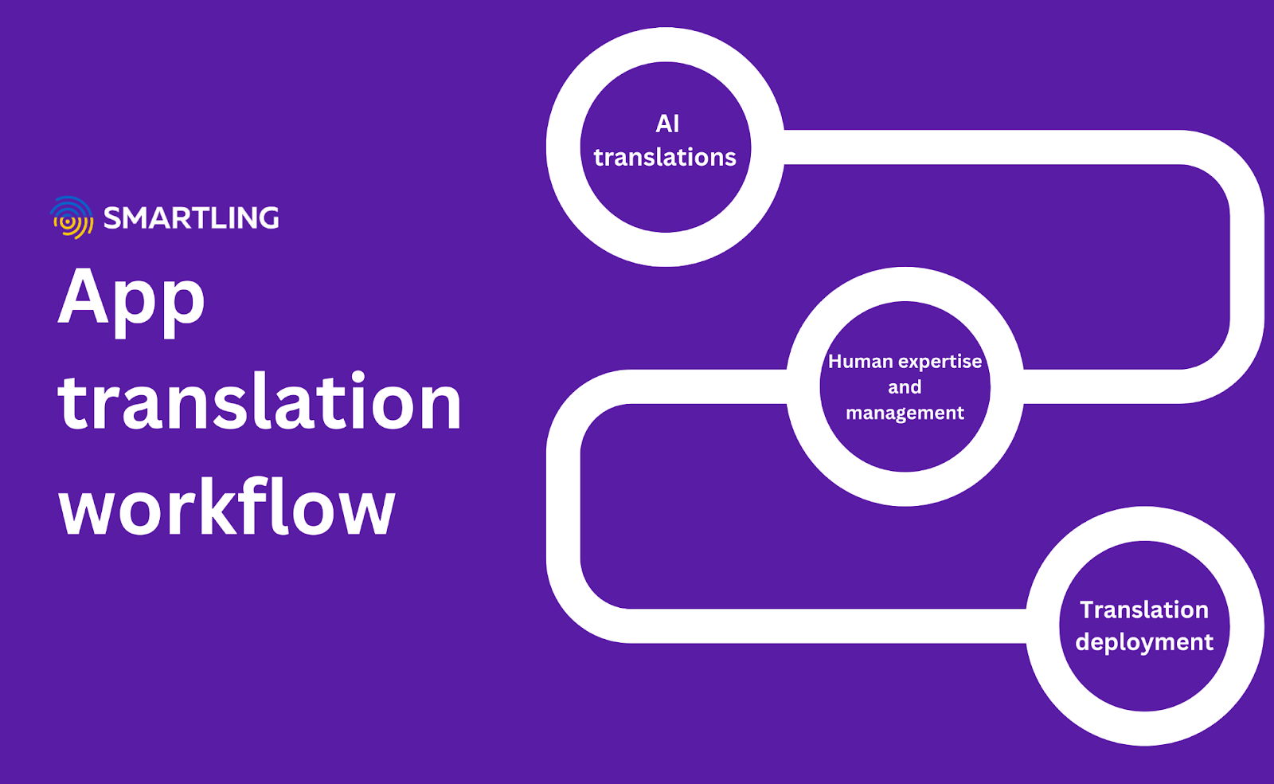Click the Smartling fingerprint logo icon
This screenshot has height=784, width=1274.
coord(72,218)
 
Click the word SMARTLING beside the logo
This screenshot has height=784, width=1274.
coord(191,218)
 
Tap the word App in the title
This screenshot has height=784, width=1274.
coord(131,299)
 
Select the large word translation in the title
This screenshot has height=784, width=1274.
coord(260,402)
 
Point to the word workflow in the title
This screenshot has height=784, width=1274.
coord(227,508)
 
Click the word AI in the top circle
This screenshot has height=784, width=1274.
coord(667,124)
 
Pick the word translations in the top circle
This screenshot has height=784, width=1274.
coord(665,158)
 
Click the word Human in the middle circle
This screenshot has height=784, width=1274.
coord(861,362)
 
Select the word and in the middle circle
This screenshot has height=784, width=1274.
coord(905,387)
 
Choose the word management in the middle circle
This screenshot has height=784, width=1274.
coord(905,413)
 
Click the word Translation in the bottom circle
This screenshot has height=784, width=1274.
coord(1144,610)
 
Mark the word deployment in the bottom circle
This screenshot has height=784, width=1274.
coord(1144,642)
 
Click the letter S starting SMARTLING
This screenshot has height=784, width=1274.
coord(114,218)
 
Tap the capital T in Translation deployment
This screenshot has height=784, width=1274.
coord(1088,610)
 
